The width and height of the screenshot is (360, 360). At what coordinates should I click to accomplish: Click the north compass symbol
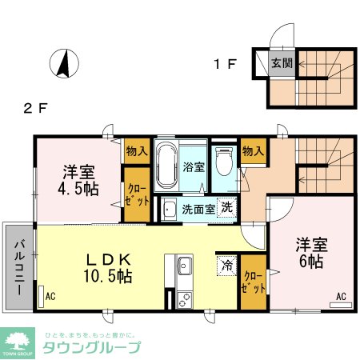click(x=62, y=64)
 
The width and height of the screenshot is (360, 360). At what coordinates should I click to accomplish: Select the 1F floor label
click(x=224, y=64)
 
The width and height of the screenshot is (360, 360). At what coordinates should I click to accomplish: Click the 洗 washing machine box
click(x=226, y=206)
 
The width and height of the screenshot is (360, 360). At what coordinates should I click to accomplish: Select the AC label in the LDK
click(x=51, y=296)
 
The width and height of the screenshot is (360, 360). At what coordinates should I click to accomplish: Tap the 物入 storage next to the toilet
click(x=253, y=150)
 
